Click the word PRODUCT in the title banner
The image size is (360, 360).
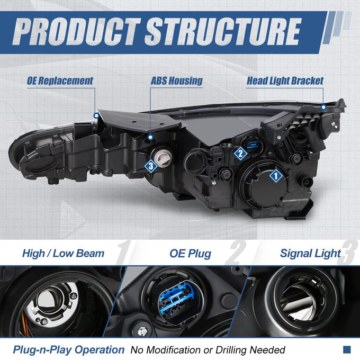77,31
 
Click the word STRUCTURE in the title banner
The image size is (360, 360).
223,31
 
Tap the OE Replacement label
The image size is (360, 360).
60,81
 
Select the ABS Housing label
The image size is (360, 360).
176,81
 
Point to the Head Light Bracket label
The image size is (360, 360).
285,81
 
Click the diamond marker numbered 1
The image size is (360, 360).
276,176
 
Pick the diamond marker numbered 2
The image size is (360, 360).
240,154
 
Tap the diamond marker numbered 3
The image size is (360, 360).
151,166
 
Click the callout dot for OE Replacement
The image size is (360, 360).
96,115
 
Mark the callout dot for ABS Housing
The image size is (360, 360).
150,137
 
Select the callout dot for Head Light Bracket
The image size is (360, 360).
323,107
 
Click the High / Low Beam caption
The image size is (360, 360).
64,254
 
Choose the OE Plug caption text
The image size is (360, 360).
191,254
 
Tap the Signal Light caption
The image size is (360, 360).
310,254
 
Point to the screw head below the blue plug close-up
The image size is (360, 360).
142,331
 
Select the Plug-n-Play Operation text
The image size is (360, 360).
69,350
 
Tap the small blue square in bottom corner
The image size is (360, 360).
347,349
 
